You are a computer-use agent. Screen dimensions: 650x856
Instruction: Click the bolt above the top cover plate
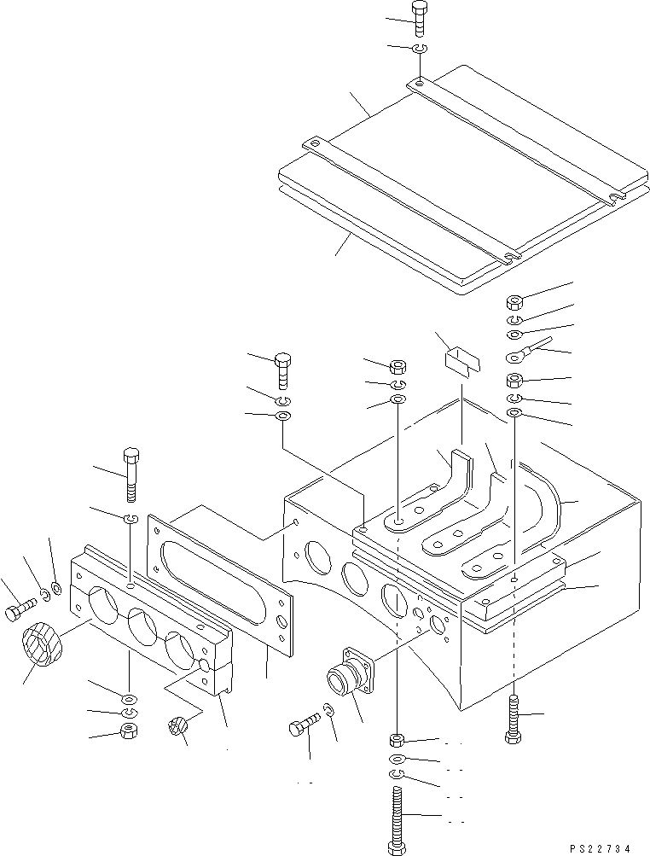(x=419, y=19)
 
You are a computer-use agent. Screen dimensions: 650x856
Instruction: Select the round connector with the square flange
(x=348, y=671)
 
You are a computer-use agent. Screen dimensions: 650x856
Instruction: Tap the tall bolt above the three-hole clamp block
(x=131, y=475)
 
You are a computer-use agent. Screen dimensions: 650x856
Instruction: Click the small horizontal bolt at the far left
(x=20, y=611)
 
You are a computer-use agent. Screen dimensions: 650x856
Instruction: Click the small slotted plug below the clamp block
(x=177, y=728)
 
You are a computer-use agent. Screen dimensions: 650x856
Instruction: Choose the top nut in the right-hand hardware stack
(x=514, y=302)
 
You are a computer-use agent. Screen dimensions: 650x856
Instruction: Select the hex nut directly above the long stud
(x=398, y=741)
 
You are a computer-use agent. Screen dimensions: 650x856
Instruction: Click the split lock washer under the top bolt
(x=419, y=49)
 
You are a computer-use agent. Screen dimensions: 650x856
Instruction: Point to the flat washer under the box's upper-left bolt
(x=282, y=417)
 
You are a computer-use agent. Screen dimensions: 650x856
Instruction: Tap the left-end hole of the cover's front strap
(x=314, y=144)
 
